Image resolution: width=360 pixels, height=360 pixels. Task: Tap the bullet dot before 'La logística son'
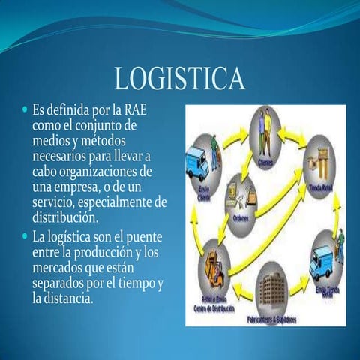click(25, 238)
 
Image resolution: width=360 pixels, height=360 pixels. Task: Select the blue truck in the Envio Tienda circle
click(324, 259)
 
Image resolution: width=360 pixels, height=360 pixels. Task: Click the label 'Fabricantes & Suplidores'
click(269, 319)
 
